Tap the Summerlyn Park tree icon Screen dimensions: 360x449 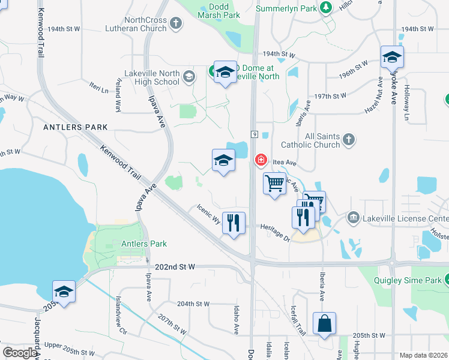click(326, 8)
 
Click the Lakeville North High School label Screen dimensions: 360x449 click(152, 77)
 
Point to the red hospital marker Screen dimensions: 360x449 click(261, 160)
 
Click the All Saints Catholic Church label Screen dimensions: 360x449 click(314, 140)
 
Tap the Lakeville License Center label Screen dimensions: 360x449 click(405, 218)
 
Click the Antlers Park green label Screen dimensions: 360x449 click(144, 244)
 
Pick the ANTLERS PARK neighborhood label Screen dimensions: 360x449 click(76, 127)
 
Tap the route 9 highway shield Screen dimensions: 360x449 click(255, 133)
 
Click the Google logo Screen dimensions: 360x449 click(19, 353)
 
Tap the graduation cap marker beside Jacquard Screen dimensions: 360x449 click(64, 292)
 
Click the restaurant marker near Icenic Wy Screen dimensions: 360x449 click(234, 223)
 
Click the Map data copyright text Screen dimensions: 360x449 click(424, 355)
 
